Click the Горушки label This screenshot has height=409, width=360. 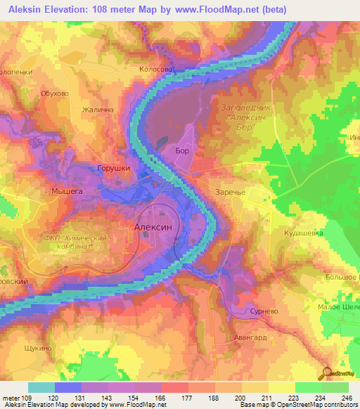point(113,169)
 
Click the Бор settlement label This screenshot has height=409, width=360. point(181,150)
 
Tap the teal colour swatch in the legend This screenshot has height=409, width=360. point(41,387)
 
